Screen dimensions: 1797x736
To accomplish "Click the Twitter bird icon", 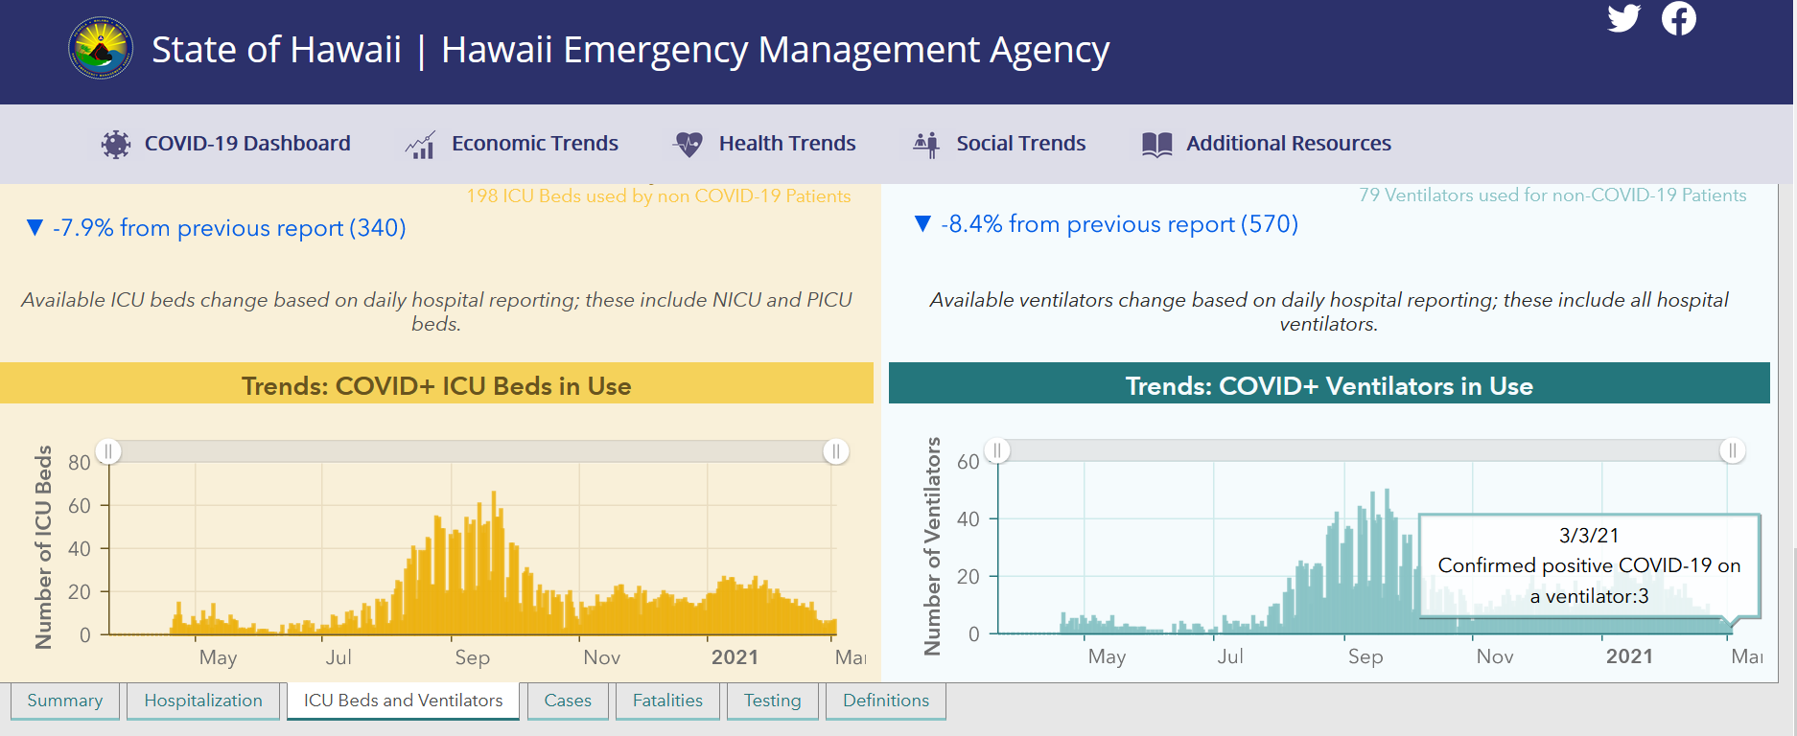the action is coord(1624,18).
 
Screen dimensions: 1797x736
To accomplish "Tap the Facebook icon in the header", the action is coord(1679,18).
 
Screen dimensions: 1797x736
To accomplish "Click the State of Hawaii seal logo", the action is coord(101,48).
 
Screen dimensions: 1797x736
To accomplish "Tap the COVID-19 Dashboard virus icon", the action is coord(116,144).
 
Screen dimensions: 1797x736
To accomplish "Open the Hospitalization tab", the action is coord(203,701).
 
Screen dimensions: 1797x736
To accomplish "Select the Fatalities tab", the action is coord(667,701).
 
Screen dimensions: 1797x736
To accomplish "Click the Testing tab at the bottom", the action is coord(773,701).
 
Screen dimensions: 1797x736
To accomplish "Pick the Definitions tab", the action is coord(886,701).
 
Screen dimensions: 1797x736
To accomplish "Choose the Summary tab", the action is coord(65,701).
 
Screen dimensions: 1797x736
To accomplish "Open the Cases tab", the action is coord(568,701).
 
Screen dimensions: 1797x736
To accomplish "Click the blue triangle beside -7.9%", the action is coord(35,227).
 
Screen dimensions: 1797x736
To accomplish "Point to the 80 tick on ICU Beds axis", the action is coord(80,463).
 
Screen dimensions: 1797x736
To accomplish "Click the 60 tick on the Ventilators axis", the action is coord(969,462).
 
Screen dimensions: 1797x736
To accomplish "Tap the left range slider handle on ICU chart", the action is coord(108,451).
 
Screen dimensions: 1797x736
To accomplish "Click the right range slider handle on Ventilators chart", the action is coord(1733,450).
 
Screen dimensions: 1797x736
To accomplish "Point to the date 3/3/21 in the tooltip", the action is coord(1589,535).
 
